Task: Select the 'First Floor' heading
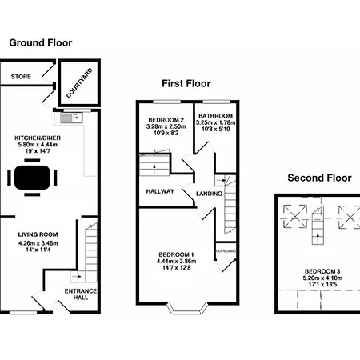(185, 82)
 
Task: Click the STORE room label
(20, 78)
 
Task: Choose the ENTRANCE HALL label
(80, 293)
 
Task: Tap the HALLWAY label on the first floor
(160, 191)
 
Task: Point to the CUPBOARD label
(226, 250)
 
